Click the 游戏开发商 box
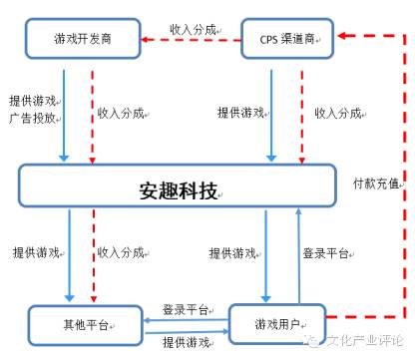[82, 40]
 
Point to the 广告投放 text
[34, 119]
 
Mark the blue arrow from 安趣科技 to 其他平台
[69, 254]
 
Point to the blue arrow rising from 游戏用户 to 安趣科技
[295, 254]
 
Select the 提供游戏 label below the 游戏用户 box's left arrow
[185, 342]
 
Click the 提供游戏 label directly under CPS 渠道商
[241, 113]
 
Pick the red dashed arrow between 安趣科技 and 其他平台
[93, 254]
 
